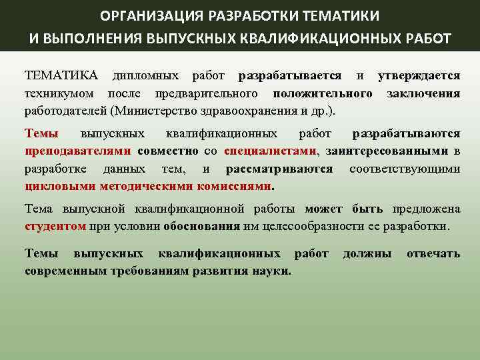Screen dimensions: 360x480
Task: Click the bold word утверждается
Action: tap(419, 75)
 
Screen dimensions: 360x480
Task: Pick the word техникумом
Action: tap(59, 93)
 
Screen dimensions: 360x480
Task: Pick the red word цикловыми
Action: tap(53, 186)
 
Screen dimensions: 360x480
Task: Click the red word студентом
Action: tap(55, 226)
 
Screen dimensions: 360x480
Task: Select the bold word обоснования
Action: tap(201, 226)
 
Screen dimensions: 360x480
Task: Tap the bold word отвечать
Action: tap(433, 254)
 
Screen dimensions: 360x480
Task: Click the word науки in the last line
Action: tap(274, 271)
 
